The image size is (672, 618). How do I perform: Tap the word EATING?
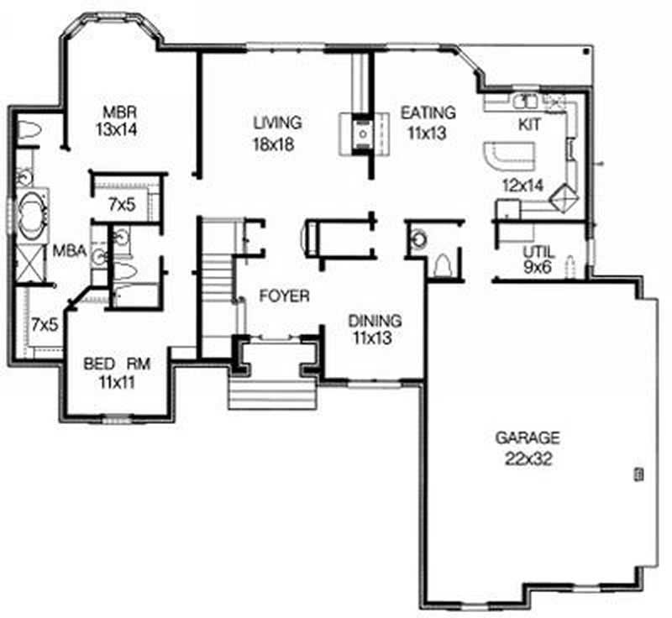tap(428, 112)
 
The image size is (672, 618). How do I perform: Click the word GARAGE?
tap(527, 437)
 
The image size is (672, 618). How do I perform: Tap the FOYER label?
tap(284, 296)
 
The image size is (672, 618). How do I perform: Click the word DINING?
tap(375, 321)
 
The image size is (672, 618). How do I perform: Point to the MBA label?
tap(67, 250)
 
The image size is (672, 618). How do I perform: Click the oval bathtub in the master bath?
tap(33, 210)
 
